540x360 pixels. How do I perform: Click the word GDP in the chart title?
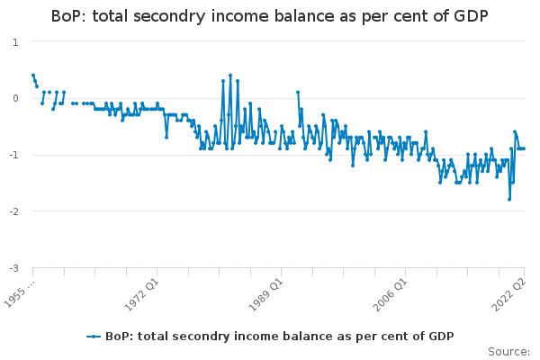(471, 16)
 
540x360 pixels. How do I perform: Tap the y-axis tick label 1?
(15, 42)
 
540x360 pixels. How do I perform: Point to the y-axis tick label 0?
(15, 98)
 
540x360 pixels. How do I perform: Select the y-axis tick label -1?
(13, 155)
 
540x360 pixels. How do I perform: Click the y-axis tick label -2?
(13, 211)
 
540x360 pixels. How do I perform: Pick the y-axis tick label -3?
(13, 267)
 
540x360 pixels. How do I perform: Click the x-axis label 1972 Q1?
(141, 294)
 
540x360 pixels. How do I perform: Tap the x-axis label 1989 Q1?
(265, 294)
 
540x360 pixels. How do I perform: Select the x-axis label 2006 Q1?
(391, 294)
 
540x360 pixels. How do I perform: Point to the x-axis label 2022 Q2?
(509, 294)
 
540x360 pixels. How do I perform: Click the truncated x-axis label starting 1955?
(19, 294)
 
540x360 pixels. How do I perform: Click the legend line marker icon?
(94, 337)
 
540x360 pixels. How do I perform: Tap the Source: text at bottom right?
(508, 352)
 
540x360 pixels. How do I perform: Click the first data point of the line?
(33, 75)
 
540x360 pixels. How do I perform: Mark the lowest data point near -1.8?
(509, 200)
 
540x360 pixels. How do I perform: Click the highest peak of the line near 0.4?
(230, 75)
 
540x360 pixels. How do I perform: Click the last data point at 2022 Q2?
(524, 148)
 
